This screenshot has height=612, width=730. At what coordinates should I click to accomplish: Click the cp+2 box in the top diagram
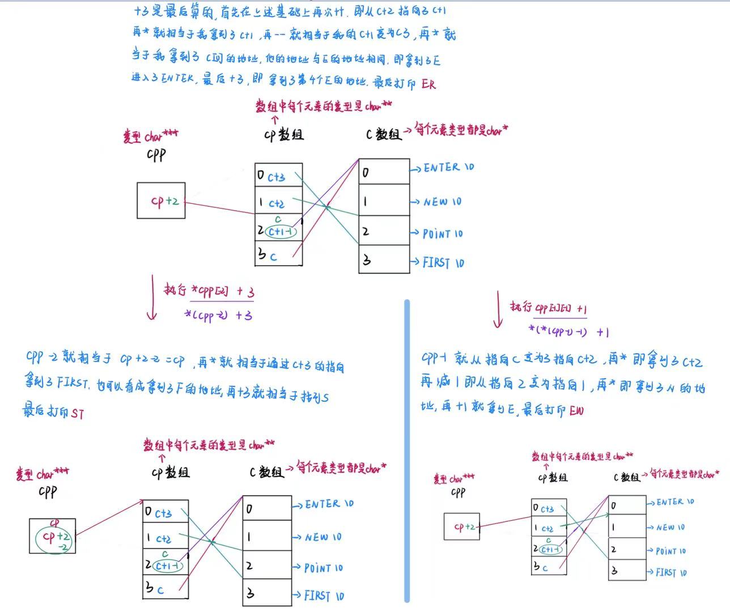[161, 201]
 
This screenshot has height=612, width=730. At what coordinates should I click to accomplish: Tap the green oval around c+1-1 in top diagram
[281, 231]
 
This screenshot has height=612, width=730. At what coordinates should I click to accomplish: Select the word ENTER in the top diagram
[442, 168]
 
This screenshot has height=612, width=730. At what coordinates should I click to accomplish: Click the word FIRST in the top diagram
[436, 262]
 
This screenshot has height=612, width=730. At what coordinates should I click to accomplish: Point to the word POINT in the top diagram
[437, 233]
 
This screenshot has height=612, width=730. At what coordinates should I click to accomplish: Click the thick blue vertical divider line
[407, 450]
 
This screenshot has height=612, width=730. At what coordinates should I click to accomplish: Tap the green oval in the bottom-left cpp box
[54, 537]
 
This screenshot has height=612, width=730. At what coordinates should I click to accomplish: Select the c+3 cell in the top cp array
[278, 177]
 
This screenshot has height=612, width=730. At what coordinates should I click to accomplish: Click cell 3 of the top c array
[384, 260]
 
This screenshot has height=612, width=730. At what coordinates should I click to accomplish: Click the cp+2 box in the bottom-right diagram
[461, 526]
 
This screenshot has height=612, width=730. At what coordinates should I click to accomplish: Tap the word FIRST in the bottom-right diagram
[665, 572]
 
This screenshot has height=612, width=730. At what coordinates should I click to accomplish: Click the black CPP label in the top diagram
[156, 155]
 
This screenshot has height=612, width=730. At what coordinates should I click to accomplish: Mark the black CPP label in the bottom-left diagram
[48, 492]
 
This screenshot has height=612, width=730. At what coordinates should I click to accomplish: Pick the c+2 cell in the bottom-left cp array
[165, 538]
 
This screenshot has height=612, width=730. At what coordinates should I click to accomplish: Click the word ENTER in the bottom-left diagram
[322, 504]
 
